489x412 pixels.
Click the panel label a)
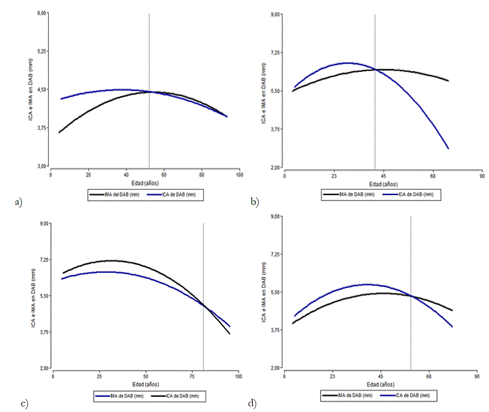pyautogui.click(x=18, y=202)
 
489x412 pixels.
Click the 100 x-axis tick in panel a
pyautogui.click(x=240, y=175)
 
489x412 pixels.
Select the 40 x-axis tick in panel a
pyautogui.click(x=126, y=175)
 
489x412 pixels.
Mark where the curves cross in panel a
pyautogui.click(x=149, y=92)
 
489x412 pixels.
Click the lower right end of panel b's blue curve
pyautogui.click(x=448, y=148)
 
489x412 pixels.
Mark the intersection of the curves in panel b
pyautogui.click(x=375, y=69)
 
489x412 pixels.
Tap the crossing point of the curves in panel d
pyautogui.click(x=410, y=296)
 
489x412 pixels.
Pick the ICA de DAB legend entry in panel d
pyautogui.click(x=409, y=396)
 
